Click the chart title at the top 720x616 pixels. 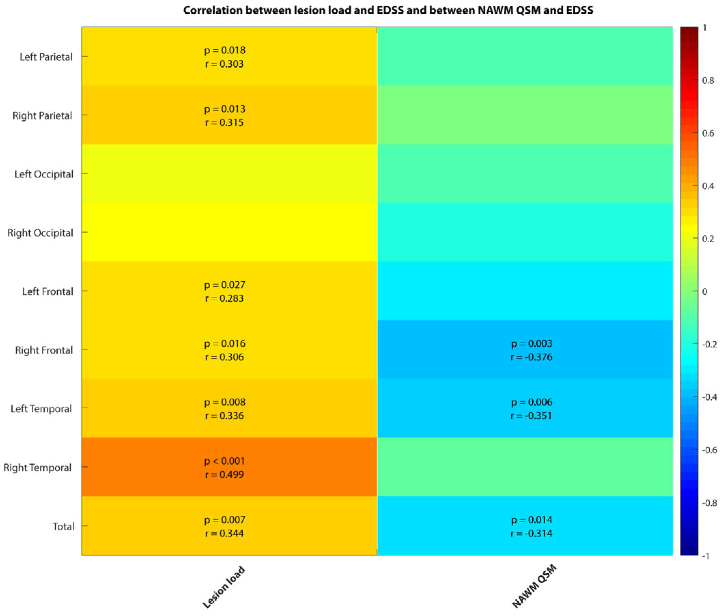(388, 11)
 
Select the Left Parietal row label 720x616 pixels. (46, 57)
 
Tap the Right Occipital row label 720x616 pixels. (40, 233)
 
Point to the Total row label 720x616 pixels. (63, 526)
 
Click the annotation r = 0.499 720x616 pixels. (224, 475)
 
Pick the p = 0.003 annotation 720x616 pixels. (531, 343)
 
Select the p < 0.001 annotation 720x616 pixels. (224, 461)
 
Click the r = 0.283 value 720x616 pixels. (224, 299)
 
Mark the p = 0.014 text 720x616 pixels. (531, 520)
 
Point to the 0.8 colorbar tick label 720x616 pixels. (708, 80)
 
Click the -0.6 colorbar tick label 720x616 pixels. (709, 450)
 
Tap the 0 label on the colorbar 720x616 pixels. (704, 291)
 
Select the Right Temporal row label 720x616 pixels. (38, 467)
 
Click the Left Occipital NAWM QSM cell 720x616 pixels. (525, 174)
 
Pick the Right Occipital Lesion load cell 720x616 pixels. (229, 232)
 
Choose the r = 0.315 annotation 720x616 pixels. (224, 122)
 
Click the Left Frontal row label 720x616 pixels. (48, 291)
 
